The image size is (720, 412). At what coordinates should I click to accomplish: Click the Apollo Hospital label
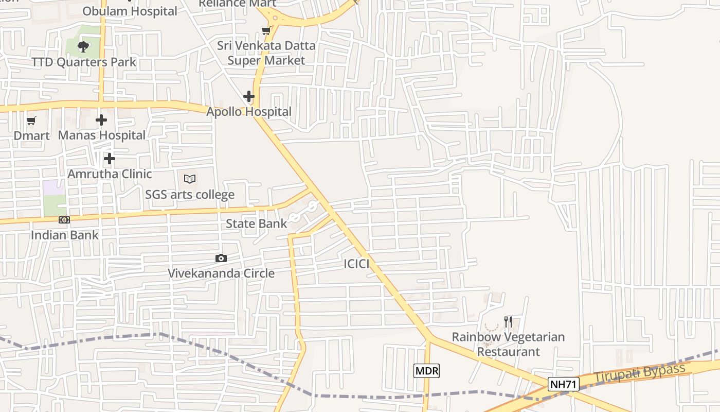coord(249,112)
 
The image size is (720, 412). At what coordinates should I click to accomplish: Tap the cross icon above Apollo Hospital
coord(249,96)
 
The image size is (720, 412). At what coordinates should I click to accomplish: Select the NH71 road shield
coord(564,384)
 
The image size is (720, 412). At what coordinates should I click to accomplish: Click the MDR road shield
coord(427,370)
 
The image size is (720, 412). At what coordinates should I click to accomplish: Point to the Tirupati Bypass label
coord(640,373)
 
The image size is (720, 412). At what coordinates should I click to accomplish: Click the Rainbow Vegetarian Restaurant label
coord(508,344)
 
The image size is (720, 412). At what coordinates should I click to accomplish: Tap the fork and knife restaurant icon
coord(508,322)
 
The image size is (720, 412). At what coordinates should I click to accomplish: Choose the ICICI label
coord(356,264)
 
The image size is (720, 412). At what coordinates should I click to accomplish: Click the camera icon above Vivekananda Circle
coord(221,258)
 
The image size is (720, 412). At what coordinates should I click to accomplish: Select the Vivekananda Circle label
coord(221,273)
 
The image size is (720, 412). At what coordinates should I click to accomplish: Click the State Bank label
coord(256,224)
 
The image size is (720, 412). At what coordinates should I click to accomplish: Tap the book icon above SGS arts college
coord(190,179)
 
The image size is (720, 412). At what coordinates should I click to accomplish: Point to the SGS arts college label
coord(190,195)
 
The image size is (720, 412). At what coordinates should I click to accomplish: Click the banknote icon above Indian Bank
coord(64,220)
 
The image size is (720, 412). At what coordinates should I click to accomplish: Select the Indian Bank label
coord(65,235)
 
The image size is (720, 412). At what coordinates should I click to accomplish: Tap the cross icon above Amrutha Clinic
coord(110,159)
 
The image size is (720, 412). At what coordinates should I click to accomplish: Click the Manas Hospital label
coord(102,135)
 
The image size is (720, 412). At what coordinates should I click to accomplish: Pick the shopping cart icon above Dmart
coord(31,121)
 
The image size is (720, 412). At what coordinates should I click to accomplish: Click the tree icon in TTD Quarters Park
coord(83,47)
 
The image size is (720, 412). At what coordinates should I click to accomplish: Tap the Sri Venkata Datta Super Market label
coord(266,53)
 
